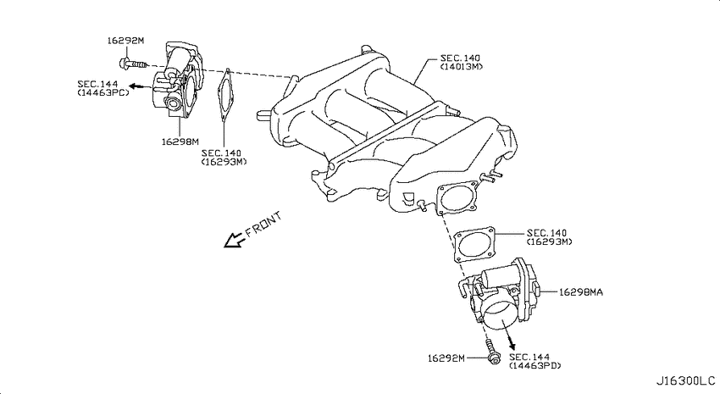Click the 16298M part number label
(180, 142)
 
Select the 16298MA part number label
(581, 292)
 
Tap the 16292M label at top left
(125, 41)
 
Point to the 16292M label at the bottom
(446, 358)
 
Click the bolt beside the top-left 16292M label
(132, 64)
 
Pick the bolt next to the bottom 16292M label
(492, 352)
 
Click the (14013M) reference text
(462, 67)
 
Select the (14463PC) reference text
(103, 92)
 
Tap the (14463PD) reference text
(535, 365)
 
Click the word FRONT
(263, 225)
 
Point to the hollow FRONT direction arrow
(234, 240)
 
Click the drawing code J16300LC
(685, 380)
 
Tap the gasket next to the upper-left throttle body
(225, 96)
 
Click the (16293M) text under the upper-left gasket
(224, 162)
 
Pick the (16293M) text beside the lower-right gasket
(550, 241)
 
